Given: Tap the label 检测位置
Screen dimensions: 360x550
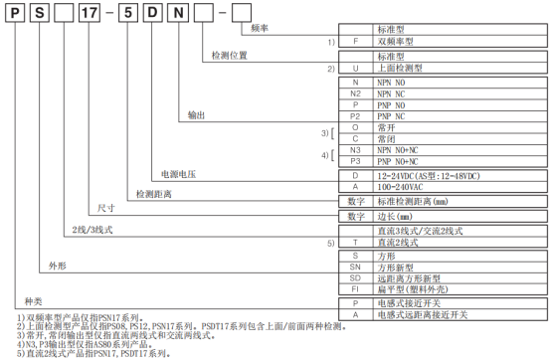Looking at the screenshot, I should coord(232,58).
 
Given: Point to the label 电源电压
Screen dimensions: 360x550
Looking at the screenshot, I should coord(167,174).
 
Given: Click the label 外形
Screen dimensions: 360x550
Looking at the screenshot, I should coord(57,269).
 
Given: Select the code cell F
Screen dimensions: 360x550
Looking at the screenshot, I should coord(355,45).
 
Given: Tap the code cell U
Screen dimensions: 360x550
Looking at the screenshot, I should coord(355,71).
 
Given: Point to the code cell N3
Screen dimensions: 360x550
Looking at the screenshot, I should coord(355,149).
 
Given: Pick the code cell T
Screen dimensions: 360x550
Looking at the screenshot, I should coord(355,242).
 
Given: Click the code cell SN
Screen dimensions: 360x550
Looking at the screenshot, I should coord(355,268).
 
